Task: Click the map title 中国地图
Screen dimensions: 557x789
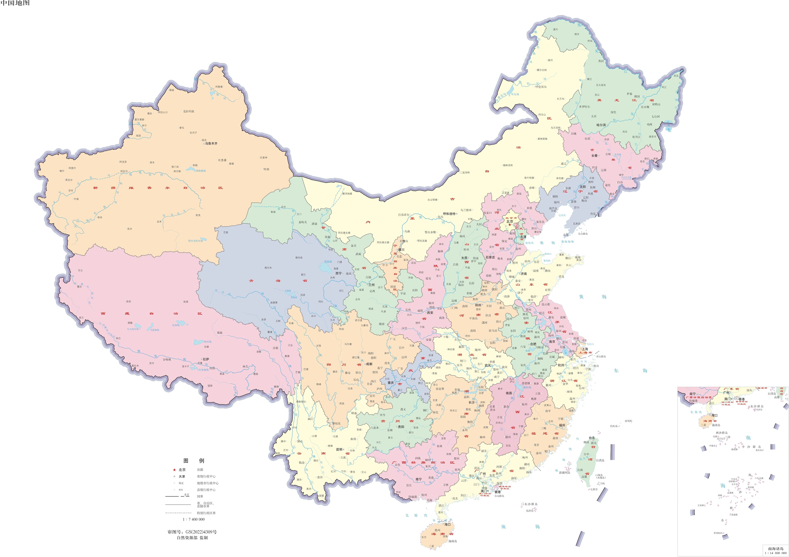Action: tap(15, 3)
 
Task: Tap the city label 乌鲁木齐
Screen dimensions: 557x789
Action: tap(211, 143)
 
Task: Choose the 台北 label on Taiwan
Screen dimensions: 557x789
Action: tap(592, 438)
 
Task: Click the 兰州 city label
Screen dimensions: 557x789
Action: tap(371, 285)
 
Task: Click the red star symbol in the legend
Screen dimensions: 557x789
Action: tap(174, 470)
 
